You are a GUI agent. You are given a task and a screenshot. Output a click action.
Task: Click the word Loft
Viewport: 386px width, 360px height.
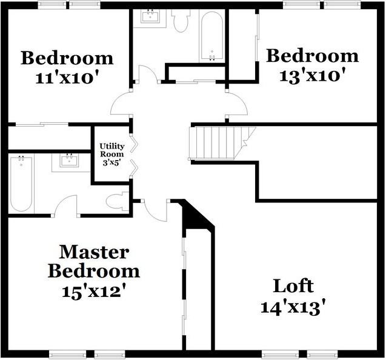(x=293, y=285)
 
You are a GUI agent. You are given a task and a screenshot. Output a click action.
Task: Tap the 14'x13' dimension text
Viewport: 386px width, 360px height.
(x=293, y=307)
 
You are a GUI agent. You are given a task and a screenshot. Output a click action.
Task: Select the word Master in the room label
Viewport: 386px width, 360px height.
(x=93, y=251)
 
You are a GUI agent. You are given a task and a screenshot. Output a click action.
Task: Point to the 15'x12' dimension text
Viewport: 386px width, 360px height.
(x=93, y=290)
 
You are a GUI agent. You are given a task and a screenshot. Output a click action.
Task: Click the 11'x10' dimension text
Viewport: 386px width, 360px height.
(x=67, y=78)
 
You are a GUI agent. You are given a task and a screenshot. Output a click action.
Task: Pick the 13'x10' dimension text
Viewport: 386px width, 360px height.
(x=312, y=76)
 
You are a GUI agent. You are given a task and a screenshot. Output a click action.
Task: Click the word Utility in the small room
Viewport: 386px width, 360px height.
(x=111, y=146)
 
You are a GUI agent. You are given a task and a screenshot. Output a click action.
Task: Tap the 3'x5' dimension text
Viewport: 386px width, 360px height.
(x=111, y=162)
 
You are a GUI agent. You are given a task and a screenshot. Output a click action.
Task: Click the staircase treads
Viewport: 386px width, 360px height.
(x=216, y=142)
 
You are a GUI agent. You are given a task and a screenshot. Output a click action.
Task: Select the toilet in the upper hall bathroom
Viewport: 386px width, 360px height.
(x=181, y=21)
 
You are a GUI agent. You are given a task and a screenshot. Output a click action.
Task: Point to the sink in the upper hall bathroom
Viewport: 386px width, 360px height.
(x=150, y=16)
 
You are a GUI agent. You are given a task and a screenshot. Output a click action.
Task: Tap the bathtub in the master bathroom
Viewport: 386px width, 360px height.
(x=21, y=183)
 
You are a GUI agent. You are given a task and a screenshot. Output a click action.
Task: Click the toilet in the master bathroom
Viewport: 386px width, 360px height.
(x=118, y=201)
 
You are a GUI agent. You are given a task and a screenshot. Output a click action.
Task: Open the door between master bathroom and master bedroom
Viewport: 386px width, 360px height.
(x=66, y=205)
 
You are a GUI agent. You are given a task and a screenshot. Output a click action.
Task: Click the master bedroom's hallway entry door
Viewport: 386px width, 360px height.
(x=155, y=210)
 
